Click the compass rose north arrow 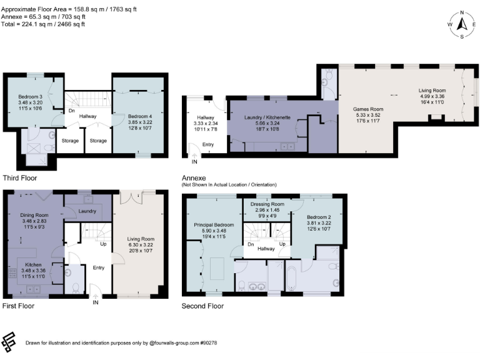(x=462, y=24)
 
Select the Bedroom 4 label (x=139, y=116)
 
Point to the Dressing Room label (x=267, y=204)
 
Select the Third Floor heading (x=19, y=177)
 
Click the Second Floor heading (x=202, y=306)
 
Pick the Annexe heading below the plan (x=194, y=177)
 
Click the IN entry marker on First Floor (x=96, y=302)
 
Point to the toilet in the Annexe (x=326, y=91)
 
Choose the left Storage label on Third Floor (x=70, y=141)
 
